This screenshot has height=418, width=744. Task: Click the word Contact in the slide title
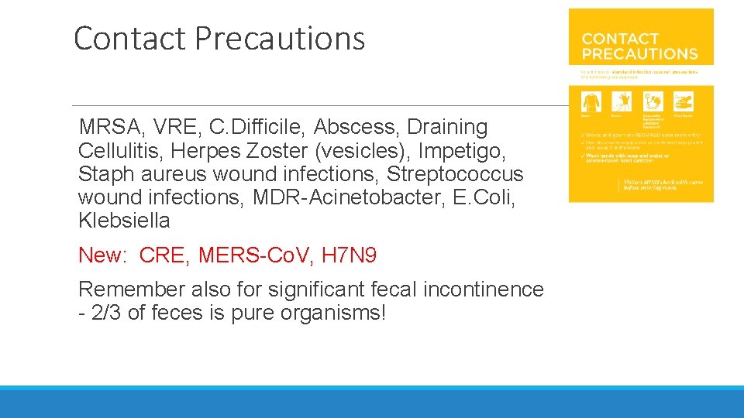(x=129, y=38)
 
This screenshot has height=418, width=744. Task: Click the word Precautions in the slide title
(x=280, y=38)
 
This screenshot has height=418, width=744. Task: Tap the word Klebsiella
(x=124, y=221)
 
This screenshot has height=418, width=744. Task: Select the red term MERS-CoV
(x=260, y=255)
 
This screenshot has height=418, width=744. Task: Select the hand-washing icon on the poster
(x=683, y=101)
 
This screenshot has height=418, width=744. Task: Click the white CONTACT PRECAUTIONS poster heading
(x=639, y=46)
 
